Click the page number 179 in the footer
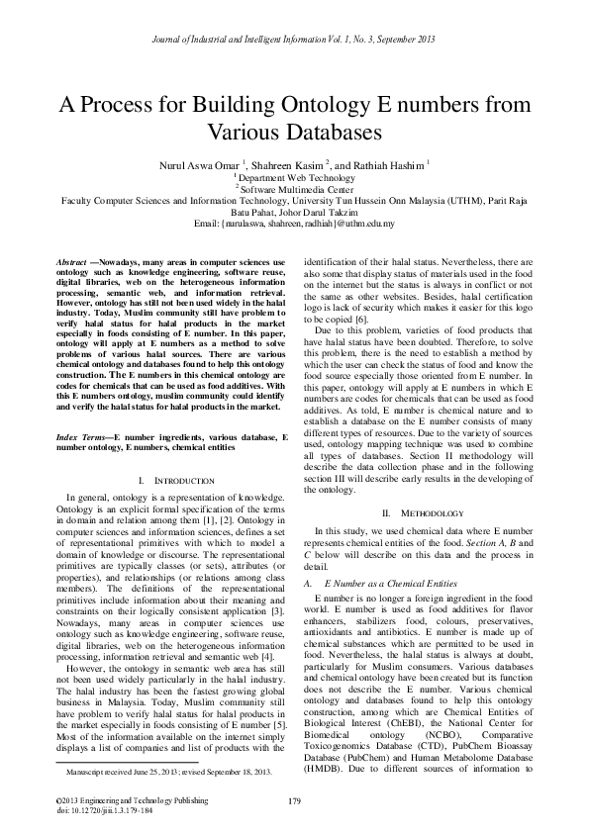coord(294,800)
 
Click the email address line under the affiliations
coord(294,224)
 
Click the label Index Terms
coord(82,435)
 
